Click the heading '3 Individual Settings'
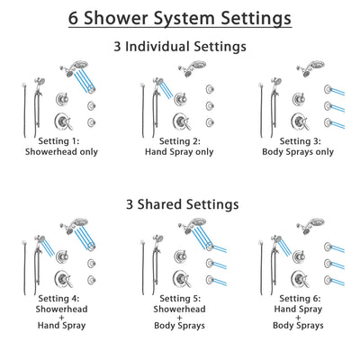click(x=179, y=45)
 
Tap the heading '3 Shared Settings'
click(x=179, y=204)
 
